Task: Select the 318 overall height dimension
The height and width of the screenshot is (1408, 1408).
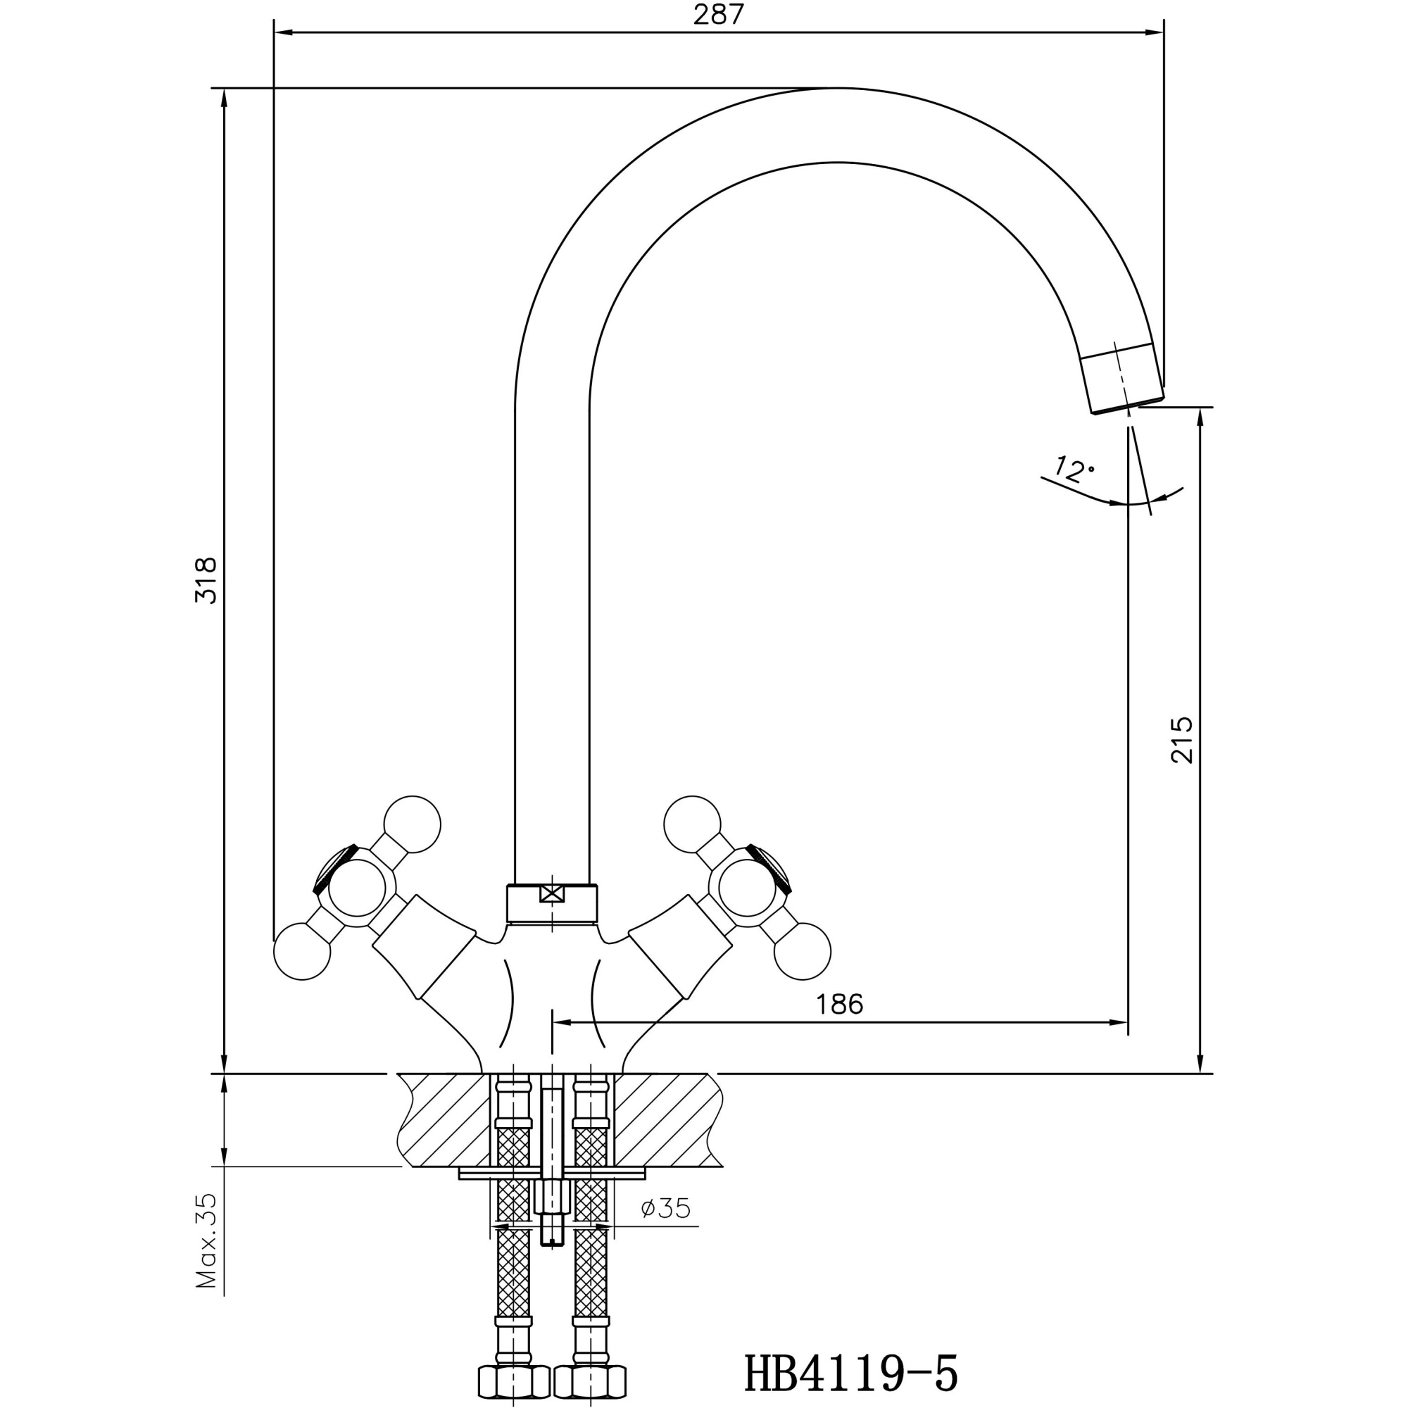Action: [x=206, y=580]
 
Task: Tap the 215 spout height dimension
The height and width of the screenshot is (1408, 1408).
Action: [x=1181, y=740]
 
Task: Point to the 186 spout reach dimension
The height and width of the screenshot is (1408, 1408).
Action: [x=839, y=1005]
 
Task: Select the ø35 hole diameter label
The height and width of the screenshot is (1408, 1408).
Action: [x=665, y=1208]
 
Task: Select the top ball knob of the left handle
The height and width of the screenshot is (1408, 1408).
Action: [x=413, y=825]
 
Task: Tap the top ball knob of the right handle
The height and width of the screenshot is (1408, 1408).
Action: [x=691, y=825]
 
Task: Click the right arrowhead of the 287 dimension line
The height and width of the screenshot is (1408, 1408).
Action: [x=1155, y=33]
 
